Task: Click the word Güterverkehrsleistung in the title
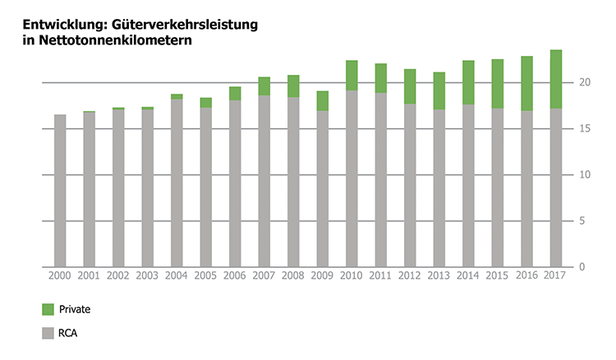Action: coord(170,25)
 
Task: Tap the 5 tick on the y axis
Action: coord(582,221)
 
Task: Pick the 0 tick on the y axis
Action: coord(582,267)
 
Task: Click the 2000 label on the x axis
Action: coord(60,277)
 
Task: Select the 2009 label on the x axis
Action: coord(323,277)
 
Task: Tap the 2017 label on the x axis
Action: coord(556,277)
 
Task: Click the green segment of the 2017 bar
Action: coord(556,79)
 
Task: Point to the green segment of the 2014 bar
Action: coord(468,82)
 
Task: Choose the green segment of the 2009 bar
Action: coord(323,100)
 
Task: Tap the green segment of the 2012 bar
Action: coord(410,86)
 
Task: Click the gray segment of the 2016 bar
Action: coord(526,189)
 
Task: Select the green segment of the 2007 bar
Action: coord(264,85)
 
